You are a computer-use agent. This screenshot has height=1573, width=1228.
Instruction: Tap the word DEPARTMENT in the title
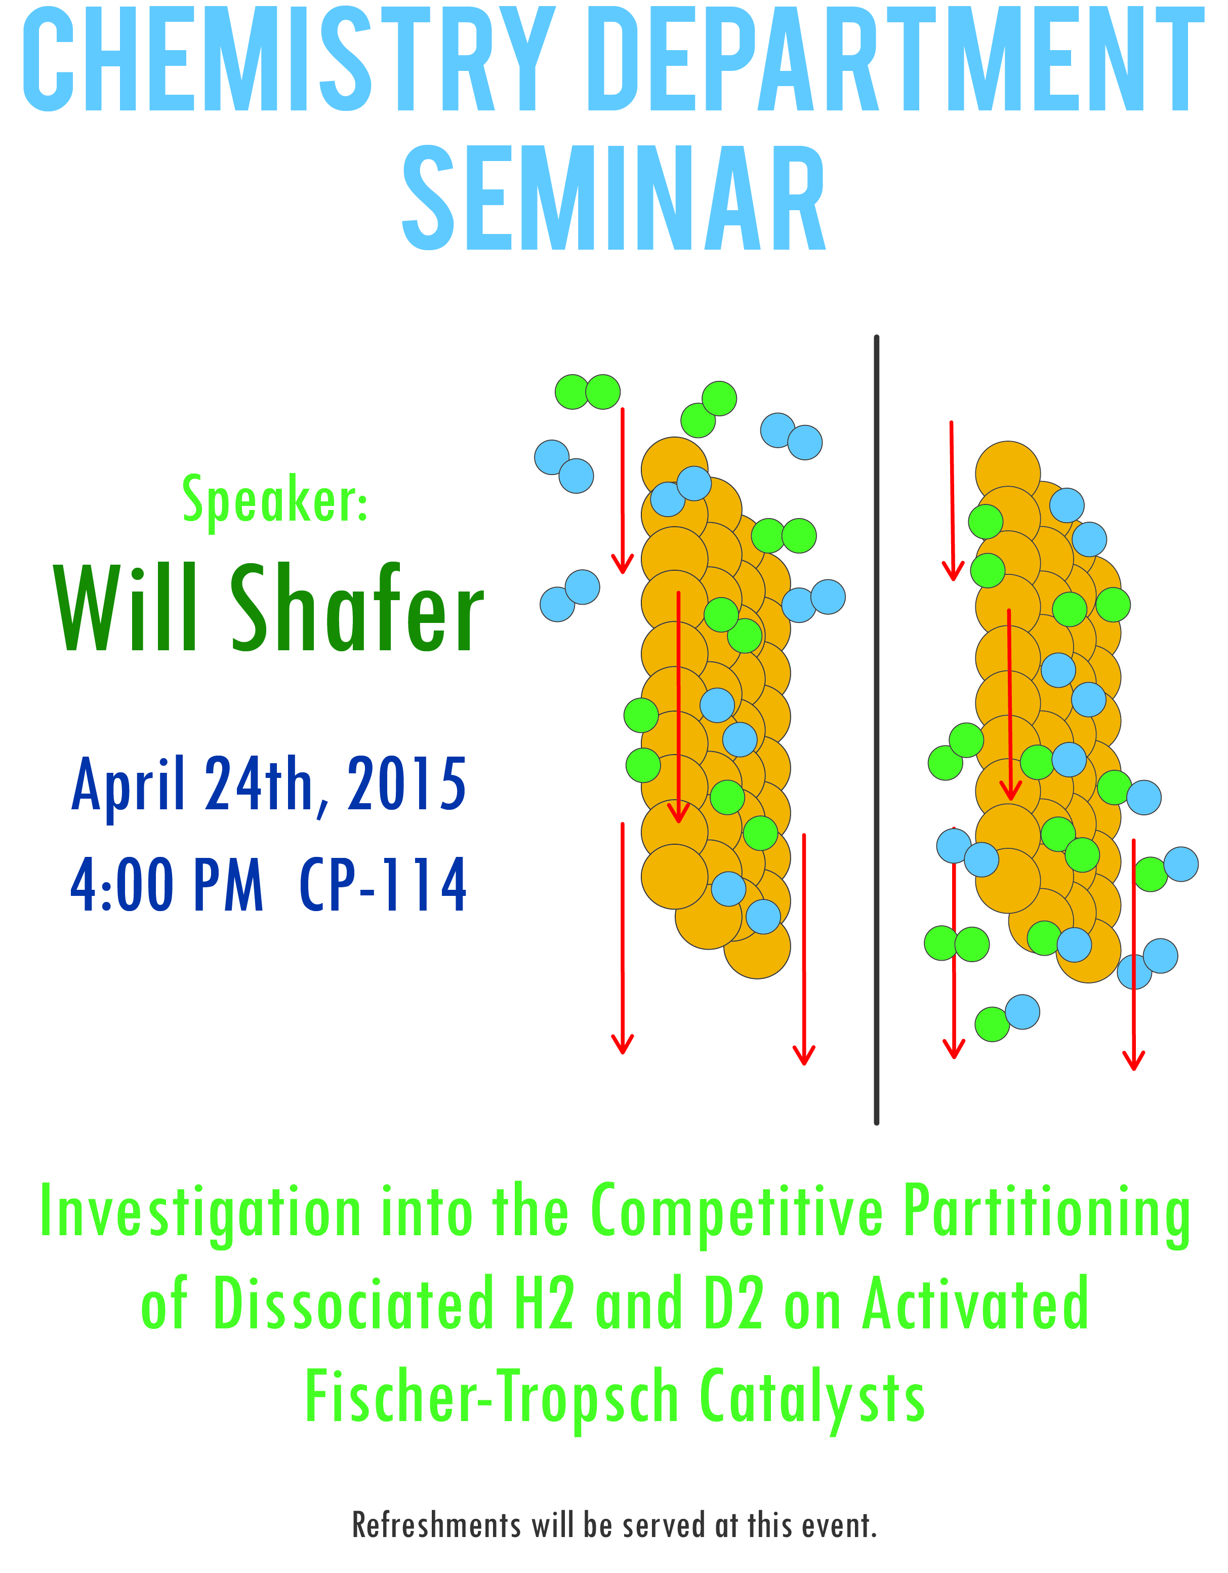pos(895,59)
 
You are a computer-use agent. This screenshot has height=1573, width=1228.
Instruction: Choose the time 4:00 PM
pos(167,884)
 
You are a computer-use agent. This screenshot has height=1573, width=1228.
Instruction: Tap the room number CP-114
pos(383,884)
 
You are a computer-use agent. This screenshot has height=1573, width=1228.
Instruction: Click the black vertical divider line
pos(876,730)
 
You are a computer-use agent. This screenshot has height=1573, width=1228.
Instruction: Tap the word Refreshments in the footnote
pos(437,1525)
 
